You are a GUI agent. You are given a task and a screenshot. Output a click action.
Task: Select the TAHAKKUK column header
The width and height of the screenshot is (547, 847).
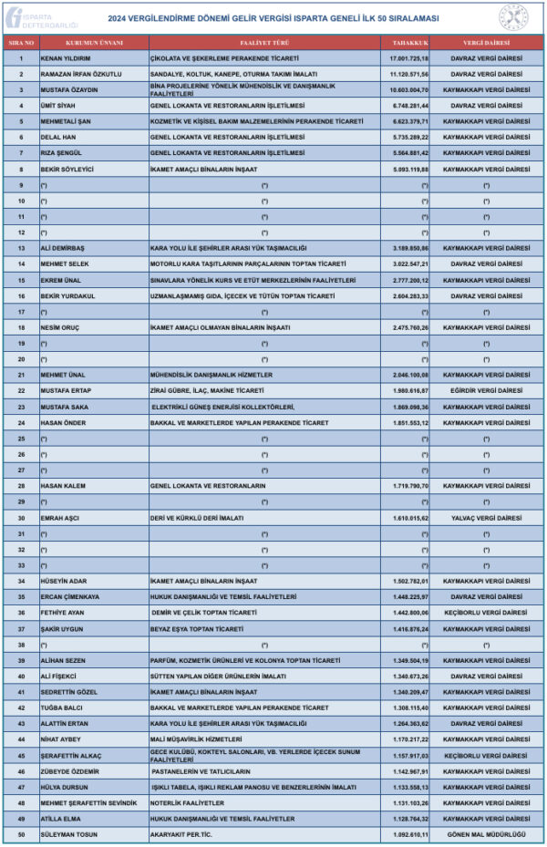pos(406,43)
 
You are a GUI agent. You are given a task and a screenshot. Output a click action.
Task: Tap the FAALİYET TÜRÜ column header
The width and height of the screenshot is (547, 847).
pos(264,43)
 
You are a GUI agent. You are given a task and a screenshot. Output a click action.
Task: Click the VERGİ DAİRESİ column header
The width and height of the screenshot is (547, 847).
pos(486,43)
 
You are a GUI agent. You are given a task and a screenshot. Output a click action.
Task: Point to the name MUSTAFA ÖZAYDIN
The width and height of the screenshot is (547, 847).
pos(69,89)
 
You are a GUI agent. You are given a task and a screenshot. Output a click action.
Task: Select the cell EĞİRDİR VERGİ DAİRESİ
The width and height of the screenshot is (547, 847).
pos(485,390)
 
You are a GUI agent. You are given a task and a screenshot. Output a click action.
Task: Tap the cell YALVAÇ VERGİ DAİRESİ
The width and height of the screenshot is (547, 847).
pos(485,517)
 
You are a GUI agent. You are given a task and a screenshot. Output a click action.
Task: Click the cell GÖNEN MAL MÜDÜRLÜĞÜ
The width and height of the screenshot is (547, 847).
pos(485,833)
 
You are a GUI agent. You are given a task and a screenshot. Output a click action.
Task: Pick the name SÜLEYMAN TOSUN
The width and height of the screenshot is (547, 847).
pos(67,833)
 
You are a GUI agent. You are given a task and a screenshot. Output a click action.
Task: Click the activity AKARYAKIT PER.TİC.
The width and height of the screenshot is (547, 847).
pos(181,833)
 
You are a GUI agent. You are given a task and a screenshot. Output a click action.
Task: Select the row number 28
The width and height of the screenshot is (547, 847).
pos(20,486)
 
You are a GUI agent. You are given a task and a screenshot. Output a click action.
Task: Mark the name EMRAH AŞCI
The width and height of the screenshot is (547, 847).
pos(60,517)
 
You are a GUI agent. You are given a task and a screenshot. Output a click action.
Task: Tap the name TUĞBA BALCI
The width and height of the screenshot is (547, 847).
pos(63,707)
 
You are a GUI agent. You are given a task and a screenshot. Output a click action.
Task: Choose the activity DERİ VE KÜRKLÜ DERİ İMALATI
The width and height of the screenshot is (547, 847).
pos(197,517)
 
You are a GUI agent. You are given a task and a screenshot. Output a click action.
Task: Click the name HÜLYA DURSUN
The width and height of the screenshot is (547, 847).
pos(65,786)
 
